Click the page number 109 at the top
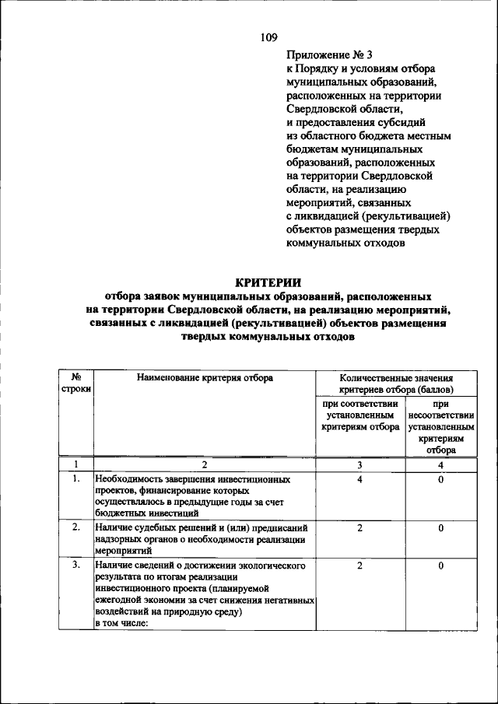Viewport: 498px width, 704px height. coord(268,37)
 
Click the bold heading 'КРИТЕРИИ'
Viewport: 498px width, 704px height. coord(268,283)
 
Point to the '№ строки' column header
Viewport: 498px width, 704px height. coord(76,382)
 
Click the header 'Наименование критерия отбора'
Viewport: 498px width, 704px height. coord(205,377)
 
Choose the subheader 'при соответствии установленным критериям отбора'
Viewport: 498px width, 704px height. coord(359,415)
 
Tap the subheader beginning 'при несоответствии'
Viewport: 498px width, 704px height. coord(440,426)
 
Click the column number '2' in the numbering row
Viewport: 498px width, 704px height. coord(205,465)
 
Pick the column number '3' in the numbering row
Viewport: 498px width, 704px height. coord(359,465)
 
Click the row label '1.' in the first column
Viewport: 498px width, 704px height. coord(76,480)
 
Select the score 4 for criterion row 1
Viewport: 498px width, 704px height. coord(359,480)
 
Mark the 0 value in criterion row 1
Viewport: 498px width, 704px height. coord(440,480)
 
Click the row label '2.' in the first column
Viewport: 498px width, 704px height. coord(76,528)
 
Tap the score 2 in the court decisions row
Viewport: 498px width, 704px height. coord(359,528)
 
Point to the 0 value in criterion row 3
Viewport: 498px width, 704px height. coord(440,566)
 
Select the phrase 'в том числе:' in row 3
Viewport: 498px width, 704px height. coord(122,623)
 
